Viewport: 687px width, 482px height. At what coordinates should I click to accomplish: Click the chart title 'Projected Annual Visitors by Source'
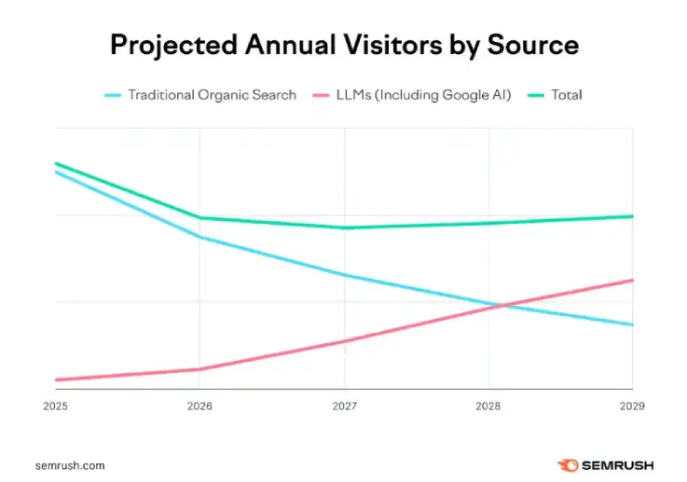point(344,45)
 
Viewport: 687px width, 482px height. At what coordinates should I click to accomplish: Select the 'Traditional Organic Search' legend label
point(212,94)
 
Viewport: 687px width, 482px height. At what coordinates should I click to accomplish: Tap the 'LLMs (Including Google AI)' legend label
point(424,94)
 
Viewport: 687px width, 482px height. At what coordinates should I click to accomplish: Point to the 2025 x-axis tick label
point(55,406)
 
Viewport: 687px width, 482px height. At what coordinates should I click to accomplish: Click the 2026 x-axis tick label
point(199,406)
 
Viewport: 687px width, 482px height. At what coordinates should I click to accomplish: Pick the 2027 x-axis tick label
point(344,406)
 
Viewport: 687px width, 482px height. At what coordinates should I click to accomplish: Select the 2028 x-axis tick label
point(488,406)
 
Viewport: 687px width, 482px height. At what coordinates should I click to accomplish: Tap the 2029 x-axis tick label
point(631,406)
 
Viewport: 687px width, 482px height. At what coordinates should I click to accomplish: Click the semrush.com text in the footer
point(69,464)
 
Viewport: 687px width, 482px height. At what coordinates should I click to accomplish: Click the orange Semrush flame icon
point(568,464)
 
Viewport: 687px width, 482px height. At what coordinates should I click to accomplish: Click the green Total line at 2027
point(344,227)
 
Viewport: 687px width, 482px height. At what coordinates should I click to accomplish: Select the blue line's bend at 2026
point(199,237)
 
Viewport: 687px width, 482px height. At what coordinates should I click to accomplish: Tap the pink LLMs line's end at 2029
point(632,280)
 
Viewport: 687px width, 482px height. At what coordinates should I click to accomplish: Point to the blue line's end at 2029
point(632,324)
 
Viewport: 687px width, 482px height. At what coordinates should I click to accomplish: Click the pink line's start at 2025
point(56,379)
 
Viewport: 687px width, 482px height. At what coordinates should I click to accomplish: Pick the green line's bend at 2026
point(199,218)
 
